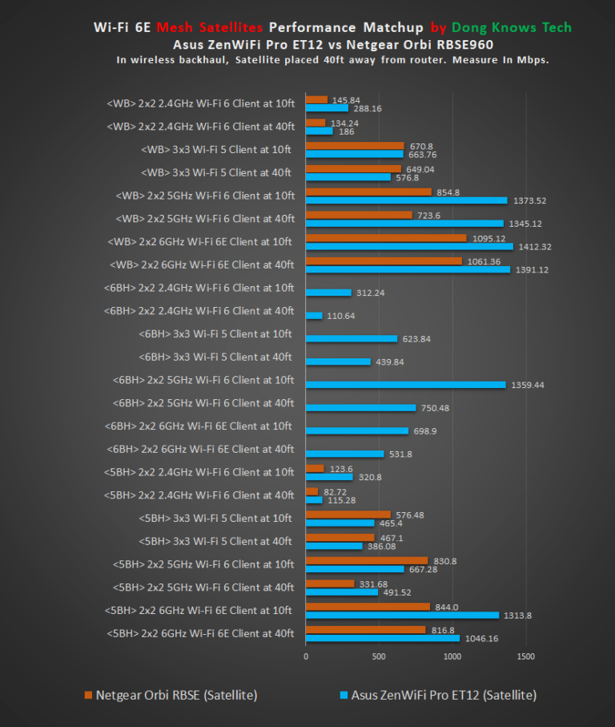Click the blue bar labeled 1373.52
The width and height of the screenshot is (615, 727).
[x=406, y=200]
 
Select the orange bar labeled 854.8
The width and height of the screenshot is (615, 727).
[x=368, y=192]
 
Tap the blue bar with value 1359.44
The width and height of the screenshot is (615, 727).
[x=405, y=385]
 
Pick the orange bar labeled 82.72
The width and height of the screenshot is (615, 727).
[x=312, y=491]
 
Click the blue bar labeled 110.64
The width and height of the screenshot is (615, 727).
[x=314, y=316]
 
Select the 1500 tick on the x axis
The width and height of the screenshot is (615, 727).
[x=525, y=656]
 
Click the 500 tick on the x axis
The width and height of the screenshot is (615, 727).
[x=379, y=656]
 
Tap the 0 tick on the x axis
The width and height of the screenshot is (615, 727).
[x=306, y=656]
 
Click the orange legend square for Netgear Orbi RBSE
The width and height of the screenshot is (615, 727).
[x=88, y=695]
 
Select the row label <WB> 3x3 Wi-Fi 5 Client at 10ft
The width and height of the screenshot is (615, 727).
[x=216, y=149]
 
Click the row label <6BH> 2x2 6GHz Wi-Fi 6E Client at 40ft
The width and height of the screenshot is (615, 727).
[x=199, y=449]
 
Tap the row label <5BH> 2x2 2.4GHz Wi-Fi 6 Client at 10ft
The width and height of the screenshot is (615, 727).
[x=199, y=472]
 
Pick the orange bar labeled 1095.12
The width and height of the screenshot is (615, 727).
[x=386, y=238]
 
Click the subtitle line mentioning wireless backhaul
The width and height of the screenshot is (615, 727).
[x=332, y=60]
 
